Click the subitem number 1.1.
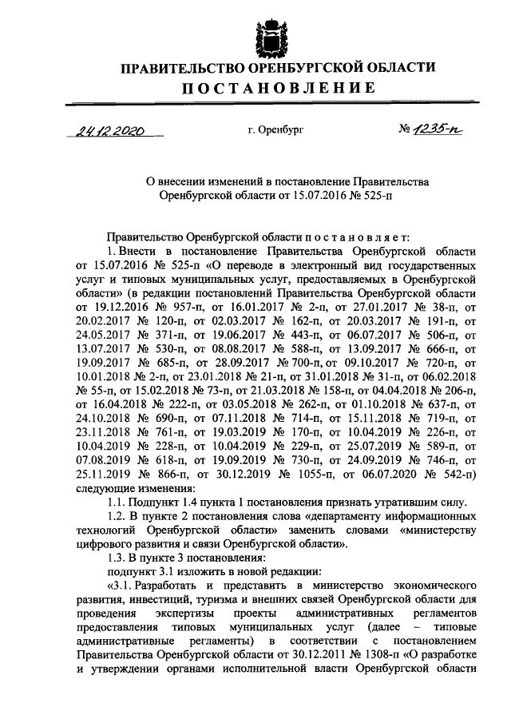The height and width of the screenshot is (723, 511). click(118, 503)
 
